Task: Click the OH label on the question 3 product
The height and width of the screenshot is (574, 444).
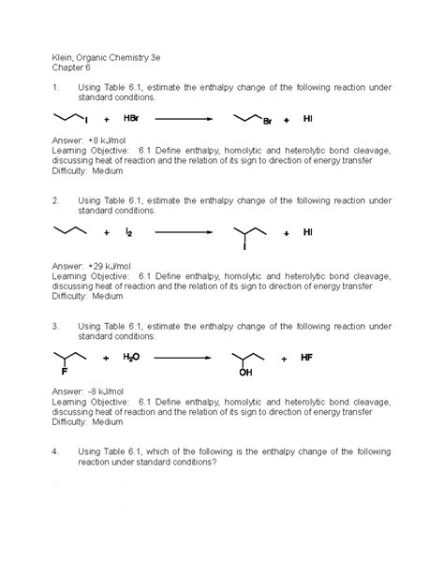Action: [x=245, y=373]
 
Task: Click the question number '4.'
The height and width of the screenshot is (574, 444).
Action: [x=56, y=451]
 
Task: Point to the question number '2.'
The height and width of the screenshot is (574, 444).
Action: [x=56, y=200]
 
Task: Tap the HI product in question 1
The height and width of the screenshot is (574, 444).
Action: [x=309, y=119]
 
